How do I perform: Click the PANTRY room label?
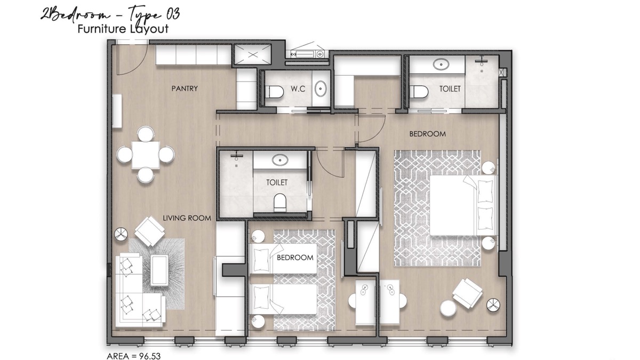pyautogui.click(x=185, y=89)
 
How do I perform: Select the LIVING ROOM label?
pyautogui.click(x=187, y=218)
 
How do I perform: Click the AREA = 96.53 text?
pyautogui.click(x=134, y=354)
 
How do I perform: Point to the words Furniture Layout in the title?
pyautogui.click(x=123, y=29)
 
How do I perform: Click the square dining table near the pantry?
pyautogui.click(x=146, y=155)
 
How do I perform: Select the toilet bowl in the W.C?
pyautogui.click(x=274, y=92)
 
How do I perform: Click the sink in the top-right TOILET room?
pyautogui.click(x=442, y=65)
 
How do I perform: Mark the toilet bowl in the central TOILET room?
pyautogui.click(x=279, y=203)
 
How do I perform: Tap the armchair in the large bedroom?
pyautogui.click(x=467, y=292)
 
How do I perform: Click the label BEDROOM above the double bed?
pyautogui.click(x=427, y=134)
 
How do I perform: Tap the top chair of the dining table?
pyautogui.click(x=145, y=133)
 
